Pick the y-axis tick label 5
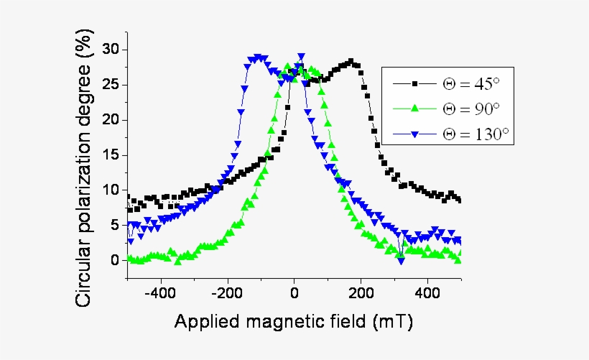[x=114, y=225]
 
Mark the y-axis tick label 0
[x=114, y=260]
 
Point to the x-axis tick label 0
[x=294, y=293]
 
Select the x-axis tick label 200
[x=361, y=293]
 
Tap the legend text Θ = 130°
[x=475, y=133]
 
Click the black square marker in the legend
[x=414, y=84]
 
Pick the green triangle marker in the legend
[x=414, y=109]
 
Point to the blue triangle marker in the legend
[x=414, y=133]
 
